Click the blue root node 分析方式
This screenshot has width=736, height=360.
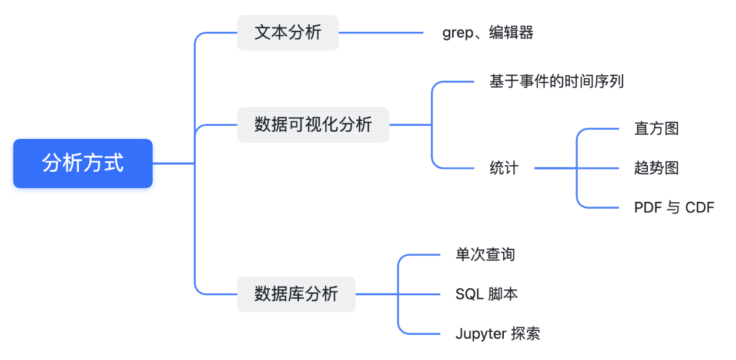[x=83, y=164]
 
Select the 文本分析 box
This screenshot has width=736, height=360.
[x=287, y=32]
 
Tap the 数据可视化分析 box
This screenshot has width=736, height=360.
[x=313, y=125]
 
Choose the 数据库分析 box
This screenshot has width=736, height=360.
[x=296, y=294]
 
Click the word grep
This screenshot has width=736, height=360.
[x=457, y=33]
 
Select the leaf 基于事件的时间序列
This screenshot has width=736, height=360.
[x=556, y=81]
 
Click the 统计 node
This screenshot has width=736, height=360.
[x=504, y=168]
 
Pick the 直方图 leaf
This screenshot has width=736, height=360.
[x=656, y=128]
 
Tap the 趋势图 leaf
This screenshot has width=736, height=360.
[x=656, y=168]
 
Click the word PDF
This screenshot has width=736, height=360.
[x=648, y=208]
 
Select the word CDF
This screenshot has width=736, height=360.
[x=700, y=208]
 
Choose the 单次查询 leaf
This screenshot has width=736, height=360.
[x=485, y=255]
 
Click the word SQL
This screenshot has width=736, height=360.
[x=469, y=294]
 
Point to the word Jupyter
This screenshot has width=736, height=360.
[x=481, y=334]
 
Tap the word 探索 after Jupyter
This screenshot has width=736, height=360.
[x=526, y=334]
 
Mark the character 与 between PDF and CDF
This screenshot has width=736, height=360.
[x=674, y=208]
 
